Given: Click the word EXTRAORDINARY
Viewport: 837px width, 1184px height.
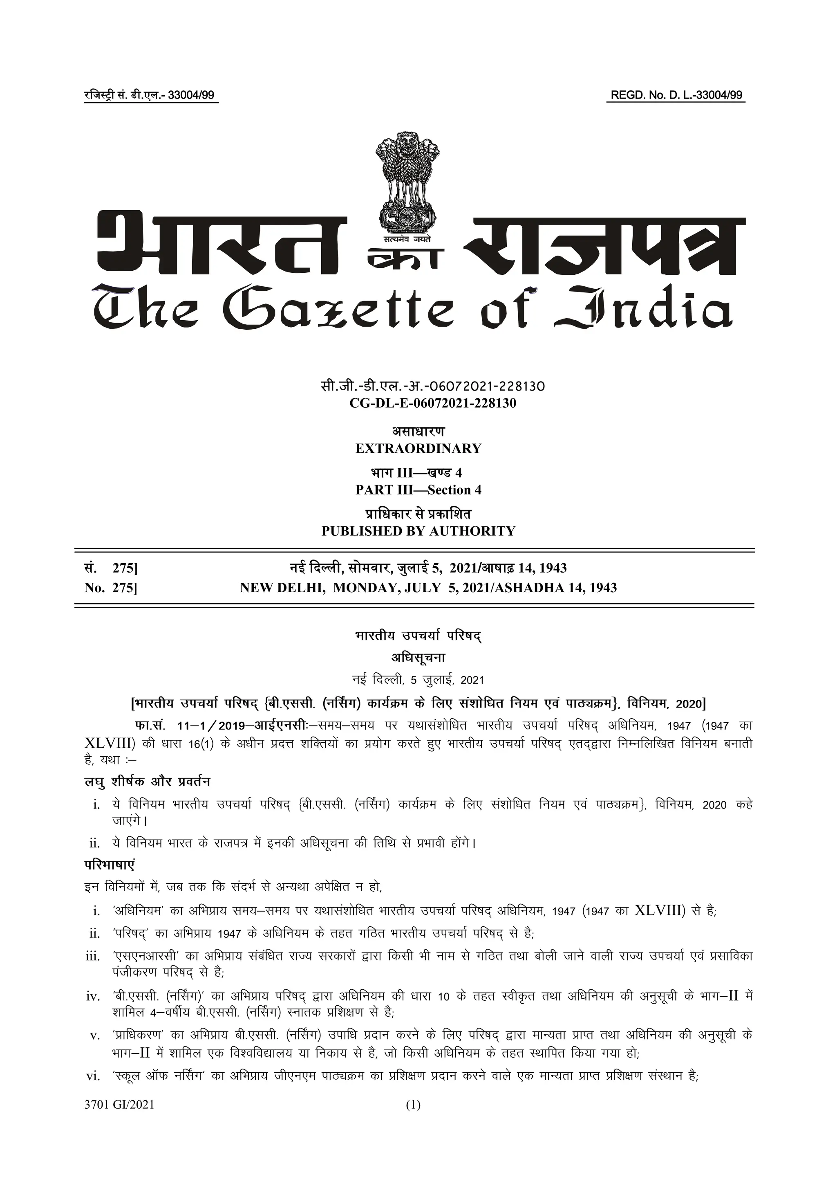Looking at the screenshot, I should tap(418, 448).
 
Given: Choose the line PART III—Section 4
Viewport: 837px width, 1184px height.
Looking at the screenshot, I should tap(418, 490).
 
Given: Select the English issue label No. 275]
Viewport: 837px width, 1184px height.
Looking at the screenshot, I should tap(111, 587).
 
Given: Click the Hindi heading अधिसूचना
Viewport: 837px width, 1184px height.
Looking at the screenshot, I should tap(418, 658).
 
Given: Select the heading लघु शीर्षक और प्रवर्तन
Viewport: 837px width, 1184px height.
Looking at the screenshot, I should tap(148, 782).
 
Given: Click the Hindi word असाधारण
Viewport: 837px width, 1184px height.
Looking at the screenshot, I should tap(418, 431).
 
